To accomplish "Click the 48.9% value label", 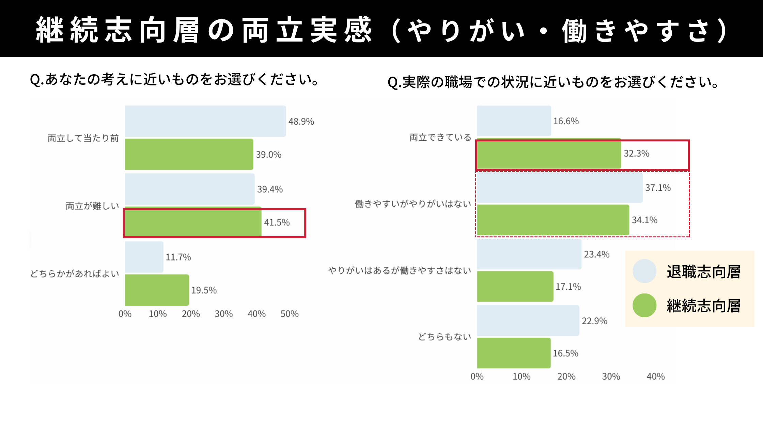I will point(301,122).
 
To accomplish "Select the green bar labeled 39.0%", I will point(189,154).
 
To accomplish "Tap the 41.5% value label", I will point(277,223).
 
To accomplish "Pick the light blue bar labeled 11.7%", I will point(144,257).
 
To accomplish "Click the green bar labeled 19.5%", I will point(157,290).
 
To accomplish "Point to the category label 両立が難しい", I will point(92,206).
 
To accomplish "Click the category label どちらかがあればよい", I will point(75,274).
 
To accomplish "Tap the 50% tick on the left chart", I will point(290,314).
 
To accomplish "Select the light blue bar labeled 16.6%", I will point(514,121).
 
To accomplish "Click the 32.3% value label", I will point(636,154).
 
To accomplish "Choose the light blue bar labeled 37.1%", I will point(560,188).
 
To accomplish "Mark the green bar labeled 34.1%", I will point(553,220).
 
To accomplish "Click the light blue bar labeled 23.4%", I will point(529,254).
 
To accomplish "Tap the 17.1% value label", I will point(568,287).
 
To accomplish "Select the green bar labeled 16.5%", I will point(514,353).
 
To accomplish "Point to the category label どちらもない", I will point(445,337).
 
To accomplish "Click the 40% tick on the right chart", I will point(656,377).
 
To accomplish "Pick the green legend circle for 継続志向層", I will point(644,305).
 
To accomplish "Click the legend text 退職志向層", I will point(703,272).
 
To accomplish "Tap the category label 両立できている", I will point(440,138).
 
